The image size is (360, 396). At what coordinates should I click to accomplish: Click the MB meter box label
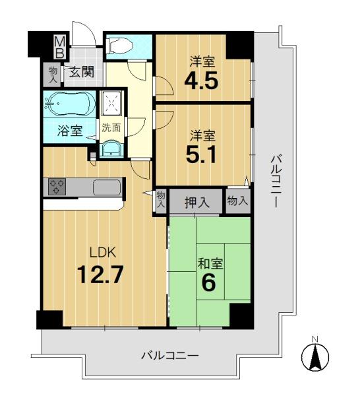[60, 47]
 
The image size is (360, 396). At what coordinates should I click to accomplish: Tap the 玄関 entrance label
[82, 72]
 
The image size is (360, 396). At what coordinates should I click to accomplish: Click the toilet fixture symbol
[119, 46]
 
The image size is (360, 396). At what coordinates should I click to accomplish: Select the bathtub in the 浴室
[69, 104]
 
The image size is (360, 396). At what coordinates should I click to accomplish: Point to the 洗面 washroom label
[111, 128]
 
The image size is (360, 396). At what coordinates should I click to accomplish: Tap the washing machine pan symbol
[112, 104]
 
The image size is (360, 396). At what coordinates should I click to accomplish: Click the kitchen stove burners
[57, 187]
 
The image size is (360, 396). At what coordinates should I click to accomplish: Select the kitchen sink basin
[107, 187]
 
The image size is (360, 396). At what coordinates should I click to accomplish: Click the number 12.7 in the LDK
[100, 275]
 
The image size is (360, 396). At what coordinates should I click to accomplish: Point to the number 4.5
[201, 81]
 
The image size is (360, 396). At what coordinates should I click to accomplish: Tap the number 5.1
[201, 154]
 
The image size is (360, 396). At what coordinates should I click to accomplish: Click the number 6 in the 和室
[208, 282]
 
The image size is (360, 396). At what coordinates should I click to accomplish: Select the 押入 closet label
[197, 202]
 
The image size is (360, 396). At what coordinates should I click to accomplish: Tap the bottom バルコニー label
[170, 356]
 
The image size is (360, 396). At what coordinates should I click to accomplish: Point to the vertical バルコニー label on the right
[276, 182]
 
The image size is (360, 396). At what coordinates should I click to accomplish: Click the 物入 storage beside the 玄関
[53, 75]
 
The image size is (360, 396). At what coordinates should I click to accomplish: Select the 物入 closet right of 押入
[237, 201]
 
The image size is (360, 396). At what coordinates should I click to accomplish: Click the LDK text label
[103, 253]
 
